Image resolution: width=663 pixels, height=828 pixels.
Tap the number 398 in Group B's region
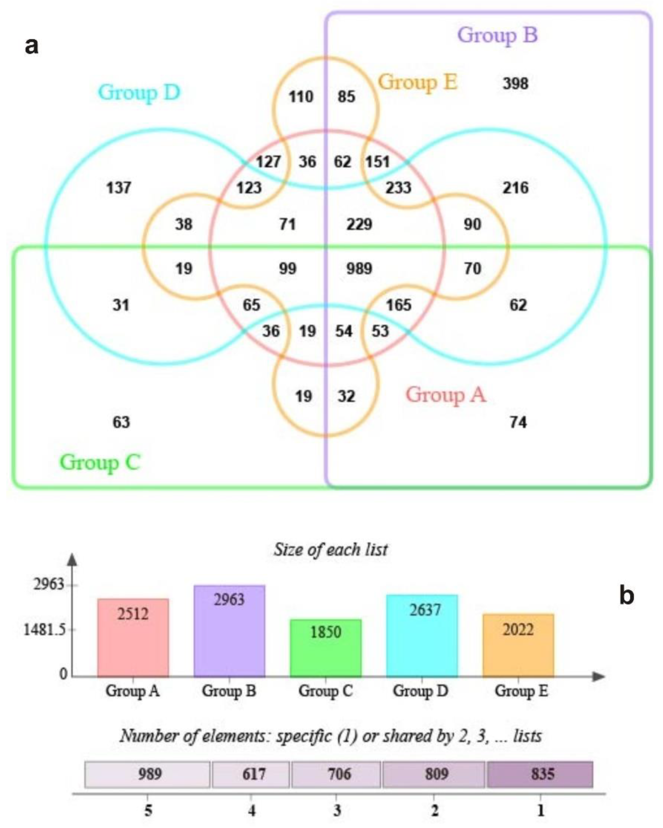coord(515,83)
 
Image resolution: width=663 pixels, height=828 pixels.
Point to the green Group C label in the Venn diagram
coord(100,462)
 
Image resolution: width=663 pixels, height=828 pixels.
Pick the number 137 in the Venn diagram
coord(119,188)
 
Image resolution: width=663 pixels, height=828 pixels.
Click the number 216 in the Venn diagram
coord(515,188)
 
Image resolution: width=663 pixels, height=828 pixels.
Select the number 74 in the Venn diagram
coord(518,422)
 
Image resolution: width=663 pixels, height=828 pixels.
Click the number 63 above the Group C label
coord(121,422)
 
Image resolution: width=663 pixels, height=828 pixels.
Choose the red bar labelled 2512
coord(133,638)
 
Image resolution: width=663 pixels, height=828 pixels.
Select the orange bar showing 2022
coord(518,645)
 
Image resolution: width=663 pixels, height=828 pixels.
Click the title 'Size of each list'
coord(330,550)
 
